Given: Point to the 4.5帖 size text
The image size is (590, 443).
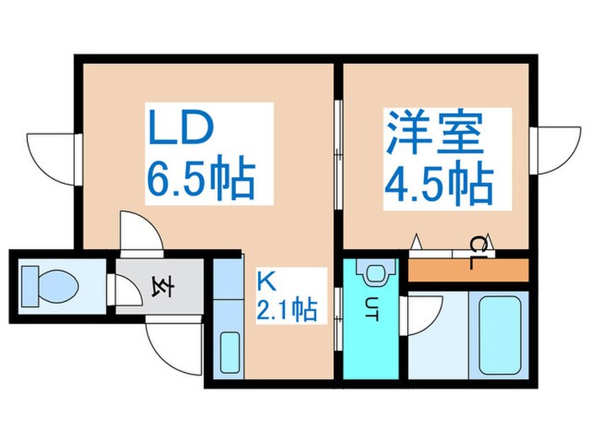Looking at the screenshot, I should (438, 180).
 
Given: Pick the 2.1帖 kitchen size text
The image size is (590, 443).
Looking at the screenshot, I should (287, 310).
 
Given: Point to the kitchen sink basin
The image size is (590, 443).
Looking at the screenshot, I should (228, 350).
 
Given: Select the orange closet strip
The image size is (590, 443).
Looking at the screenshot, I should (469, 271).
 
